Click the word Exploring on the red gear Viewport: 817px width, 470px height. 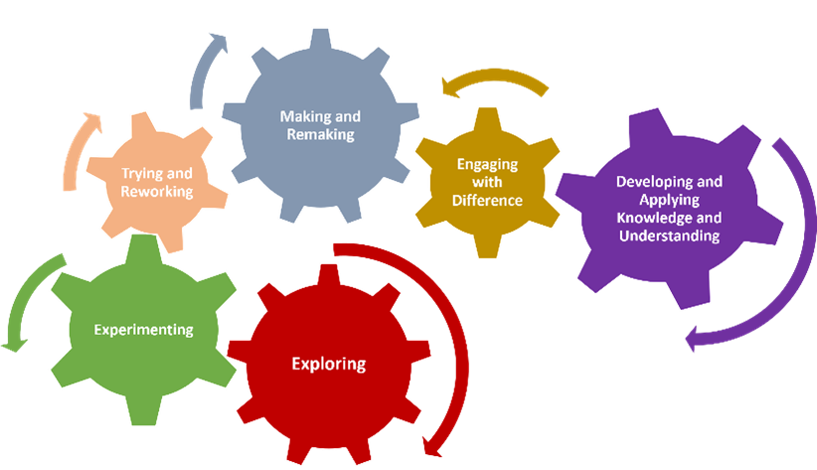(x=328, y=364)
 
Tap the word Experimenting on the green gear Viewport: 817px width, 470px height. (x=143, y=329)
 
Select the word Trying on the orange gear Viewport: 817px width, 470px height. (x=142, y=174)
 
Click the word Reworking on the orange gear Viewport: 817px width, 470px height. (x=156, y=191)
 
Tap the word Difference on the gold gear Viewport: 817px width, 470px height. (x=487, y=200)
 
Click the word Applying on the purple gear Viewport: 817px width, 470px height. (x=669, y=200)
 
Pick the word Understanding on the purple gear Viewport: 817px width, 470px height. (x=669, y=235)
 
